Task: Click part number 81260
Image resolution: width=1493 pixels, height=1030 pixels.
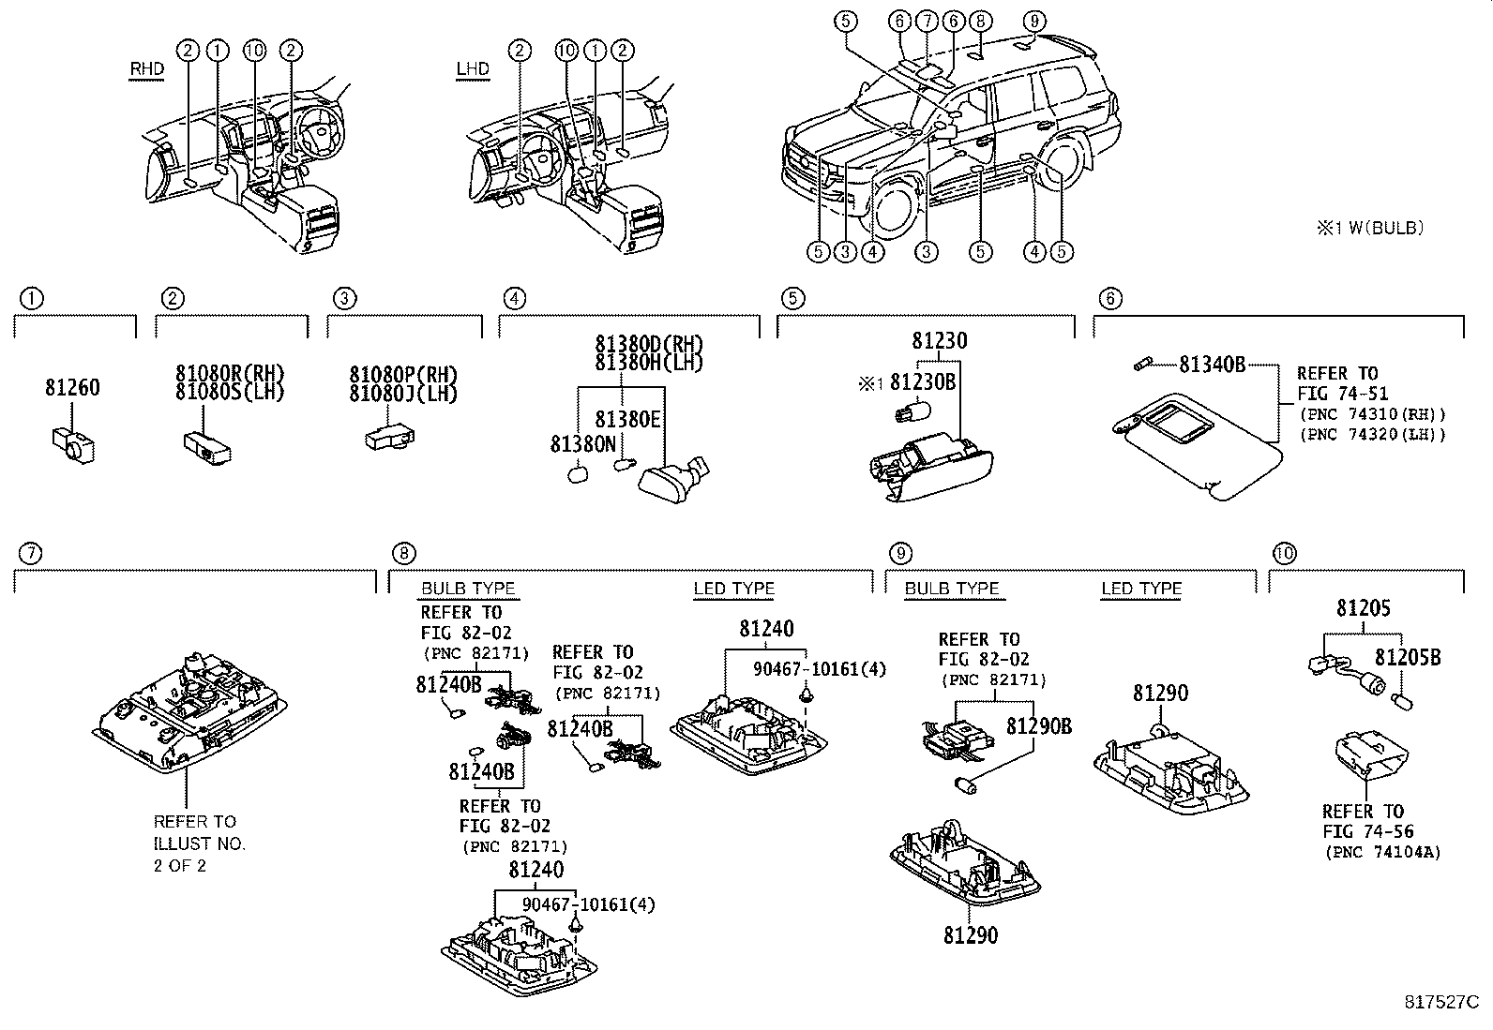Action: (72, 388)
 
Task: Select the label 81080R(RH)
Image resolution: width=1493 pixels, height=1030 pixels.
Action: (229, 374)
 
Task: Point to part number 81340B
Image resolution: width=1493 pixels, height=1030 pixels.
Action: (1212, 365)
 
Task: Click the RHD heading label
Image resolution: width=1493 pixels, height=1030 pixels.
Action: (147, 69)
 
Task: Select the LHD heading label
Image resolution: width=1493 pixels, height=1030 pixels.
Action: (473, 69)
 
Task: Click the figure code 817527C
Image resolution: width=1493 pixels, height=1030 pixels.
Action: (1440, 1002)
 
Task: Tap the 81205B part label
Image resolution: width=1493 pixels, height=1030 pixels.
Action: (1408, 658)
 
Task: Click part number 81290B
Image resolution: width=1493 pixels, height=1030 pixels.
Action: (1038, 726)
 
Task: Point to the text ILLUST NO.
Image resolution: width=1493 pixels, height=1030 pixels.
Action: (200, 843)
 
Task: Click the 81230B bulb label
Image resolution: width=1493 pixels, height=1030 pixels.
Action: (922, 382)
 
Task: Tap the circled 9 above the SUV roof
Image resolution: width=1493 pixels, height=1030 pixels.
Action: (1033, 21)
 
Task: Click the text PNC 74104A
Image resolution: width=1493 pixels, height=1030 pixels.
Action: (1382, 852)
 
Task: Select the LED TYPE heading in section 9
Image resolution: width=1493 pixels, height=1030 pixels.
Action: (1140, 590)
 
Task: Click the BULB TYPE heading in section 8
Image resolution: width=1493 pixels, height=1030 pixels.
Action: (468, 589)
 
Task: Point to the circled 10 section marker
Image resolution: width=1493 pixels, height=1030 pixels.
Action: (1284, 554)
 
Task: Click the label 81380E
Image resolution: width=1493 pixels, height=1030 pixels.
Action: (627, 419)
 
